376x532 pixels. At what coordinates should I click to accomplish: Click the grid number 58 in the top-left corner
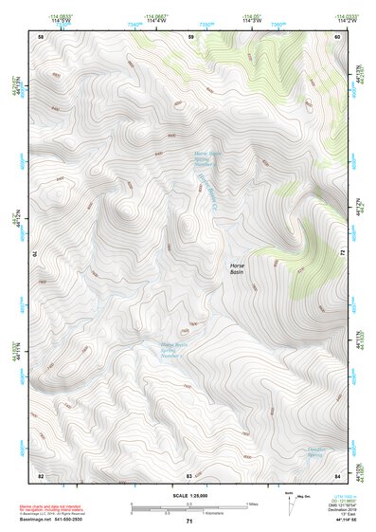pyautogui.click(x=40, y=36)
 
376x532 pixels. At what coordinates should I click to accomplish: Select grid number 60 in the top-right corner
pyautogui.click(x=337, y=36)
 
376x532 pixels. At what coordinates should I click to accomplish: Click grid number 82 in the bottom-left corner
pyautogui.click(x=40, y=473)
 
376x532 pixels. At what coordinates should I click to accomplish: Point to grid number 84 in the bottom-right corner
pyautogui.click(x=337, y=473)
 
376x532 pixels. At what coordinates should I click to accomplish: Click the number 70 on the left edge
pyautogui.click(x=38, y=253)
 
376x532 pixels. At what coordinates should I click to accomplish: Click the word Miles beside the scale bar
pyautogui.click(x=252, y=503)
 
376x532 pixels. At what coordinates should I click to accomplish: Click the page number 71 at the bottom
pyautogui.click(x=189, y=523)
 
